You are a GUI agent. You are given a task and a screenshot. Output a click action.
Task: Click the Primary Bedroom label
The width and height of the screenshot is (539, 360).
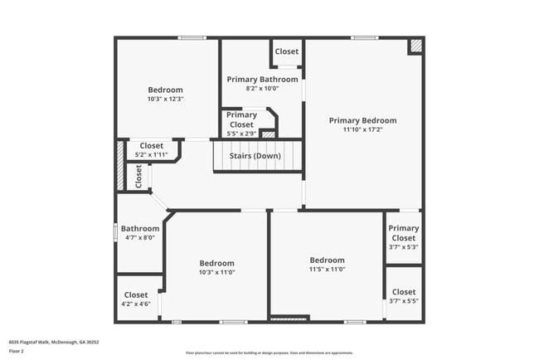tap(362, 120)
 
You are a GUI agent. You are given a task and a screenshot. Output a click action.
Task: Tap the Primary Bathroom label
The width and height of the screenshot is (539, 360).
tap(263, 80)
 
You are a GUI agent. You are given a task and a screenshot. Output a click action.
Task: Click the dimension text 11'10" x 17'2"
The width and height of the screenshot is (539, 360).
tap(362, 129)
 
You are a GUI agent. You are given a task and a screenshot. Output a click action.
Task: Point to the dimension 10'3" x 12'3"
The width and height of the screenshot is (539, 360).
tap(165, 99)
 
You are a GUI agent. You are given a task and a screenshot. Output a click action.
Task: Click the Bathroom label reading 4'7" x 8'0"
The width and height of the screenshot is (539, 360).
tap(140, 228)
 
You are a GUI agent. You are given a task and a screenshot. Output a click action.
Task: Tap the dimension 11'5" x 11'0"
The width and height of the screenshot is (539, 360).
tap(327, 269)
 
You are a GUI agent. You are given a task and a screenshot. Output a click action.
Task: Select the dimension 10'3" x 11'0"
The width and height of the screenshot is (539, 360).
tap(216, 272)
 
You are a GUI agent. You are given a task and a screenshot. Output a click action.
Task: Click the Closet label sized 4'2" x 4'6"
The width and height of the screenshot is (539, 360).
tap(136, 294)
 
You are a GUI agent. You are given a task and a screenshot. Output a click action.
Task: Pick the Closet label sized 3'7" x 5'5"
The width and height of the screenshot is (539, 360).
tap(404, 292)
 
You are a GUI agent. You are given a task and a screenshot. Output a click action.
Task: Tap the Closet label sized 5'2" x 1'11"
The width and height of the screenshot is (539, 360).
tap(151, 146)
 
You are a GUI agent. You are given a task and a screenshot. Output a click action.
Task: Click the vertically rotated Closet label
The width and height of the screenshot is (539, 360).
tap(138, 176)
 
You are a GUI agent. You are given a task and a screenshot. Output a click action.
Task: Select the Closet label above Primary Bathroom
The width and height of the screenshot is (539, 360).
tap(287, 51)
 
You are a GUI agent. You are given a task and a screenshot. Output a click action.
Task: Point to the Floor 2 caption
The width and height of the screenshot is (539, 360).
tap(17, 351)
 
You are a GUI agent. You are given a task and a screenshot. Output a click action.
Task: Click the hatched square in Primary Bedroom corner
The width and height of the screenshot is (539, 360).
tap(416, 46)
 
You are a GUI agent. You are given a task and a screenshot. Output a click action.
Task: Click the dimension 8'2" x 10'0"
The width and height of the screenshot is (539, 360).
tap(263, 89)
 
